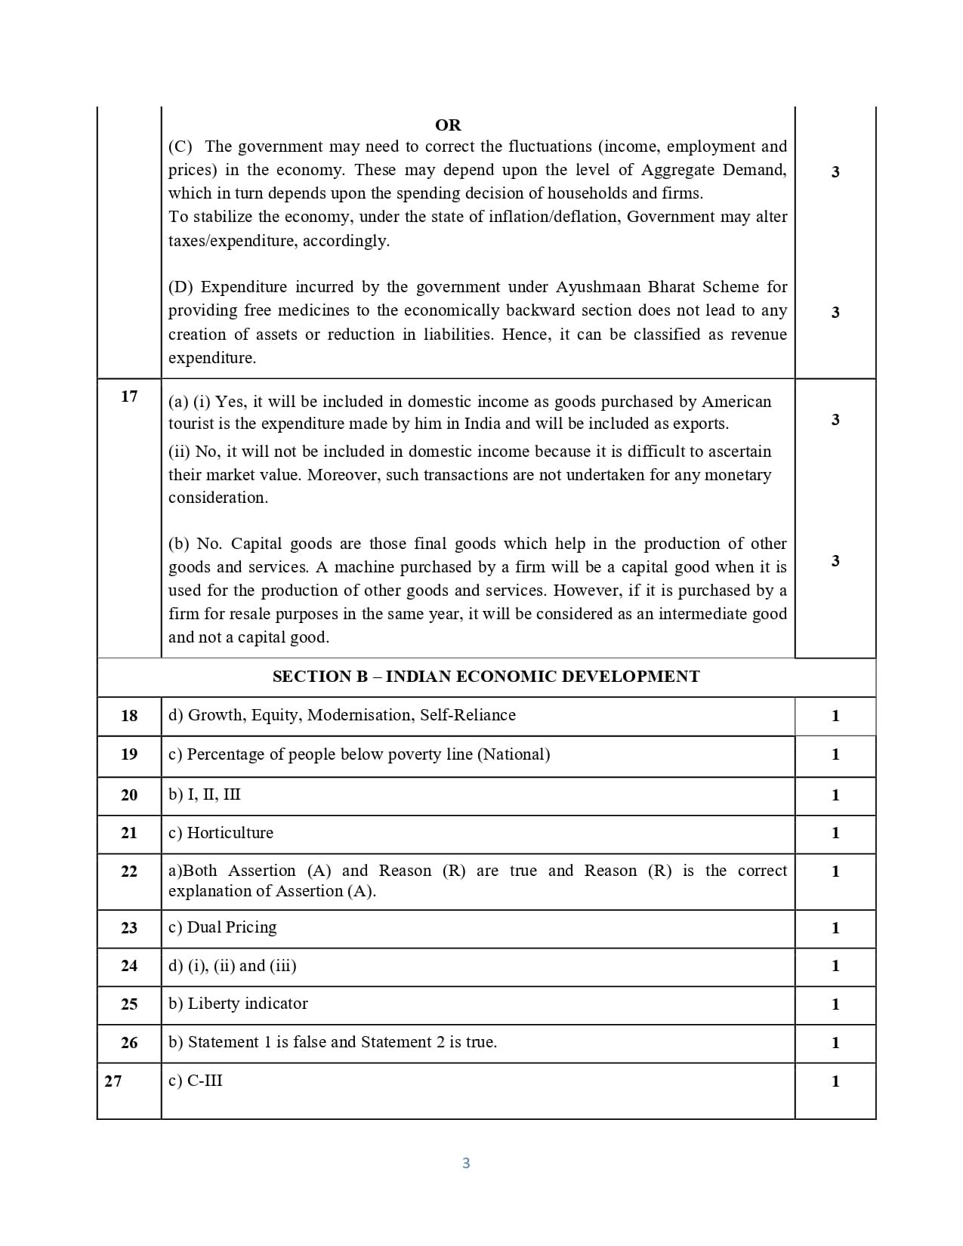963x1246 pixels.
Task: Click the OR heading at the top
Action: [448, 125]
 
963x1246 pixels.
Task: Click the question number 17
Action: [129, 396]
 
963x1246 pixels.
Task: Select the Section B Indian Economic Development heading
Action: [486, 677]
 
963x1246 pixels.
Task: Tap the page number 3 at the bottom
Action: [466, 1163]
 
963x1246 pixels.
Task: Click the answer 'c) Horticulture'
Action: [221, 833]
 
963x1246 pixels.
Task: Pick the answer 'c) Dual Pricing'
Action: [222, 927]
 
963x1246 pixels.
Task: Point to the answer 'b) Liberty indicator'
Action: [238, 1004]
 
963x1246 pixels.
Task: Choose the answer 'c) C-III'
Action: [195, 1081]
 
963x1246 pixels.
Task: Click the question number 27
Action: [113, 1081]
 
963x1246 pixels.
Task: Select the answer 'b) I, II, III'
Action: [204, 794]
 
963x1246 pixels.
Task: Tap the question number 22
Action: [129, 871]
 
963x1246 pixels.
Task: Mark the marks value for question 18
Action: [835, 716]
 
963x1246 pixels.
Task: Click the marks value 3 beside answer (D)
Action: [835, 312]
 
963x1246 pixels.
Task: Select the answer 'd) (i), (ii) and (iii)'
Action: [232, 966]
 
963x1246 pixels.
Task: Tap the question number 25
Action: [129, 1004]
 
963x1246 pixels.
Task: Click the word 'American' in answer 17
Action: [736, 402]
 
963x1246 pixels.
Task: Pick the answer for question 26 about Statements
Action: [332, 1042]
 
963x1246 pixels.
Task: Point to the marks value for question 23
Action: [835, 928]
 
